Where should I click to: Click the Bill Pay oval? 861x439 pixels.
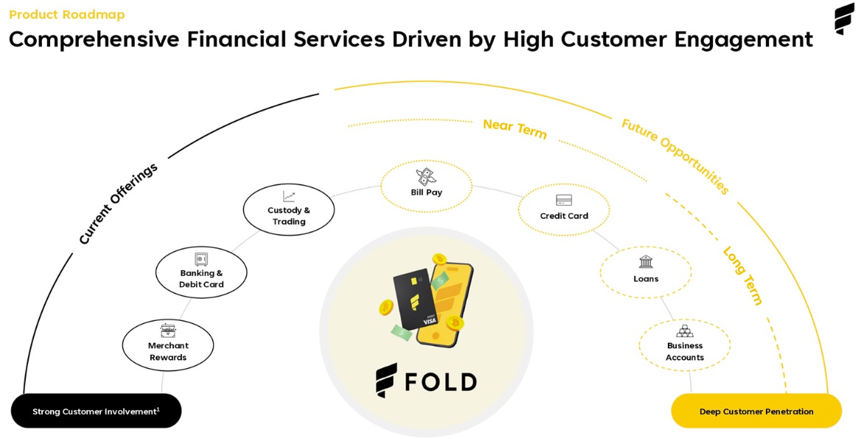click(x=426, y=186)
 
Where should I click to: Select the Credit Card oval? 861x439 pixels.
click(x=564, y=209)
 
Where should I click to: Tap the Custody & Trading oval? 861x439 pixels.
click(x=289, y=210)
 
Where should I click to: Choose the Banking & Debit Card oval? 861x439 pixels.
click(x=201, y=272)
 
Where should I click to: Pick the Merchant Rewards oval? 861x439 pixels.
click(x=168, y=345)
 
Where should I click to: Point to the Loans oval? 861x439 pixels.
click(x=646, y=272)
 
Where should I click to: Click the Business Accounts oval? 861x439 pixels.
click(x=685, y=345)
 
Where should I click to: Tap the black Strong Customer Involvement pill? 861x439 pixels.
click(x=96, y=411)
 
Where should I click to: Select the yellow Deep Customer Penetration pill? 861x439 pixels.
click(x=756, y=411)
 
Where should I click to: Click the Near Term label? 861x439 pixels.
click(x=515, y=129)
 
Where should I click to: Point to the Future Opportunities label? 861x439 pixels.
click(x=675, y=156)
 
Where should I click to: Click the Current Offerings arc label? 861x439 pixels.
click(x=118, y=203)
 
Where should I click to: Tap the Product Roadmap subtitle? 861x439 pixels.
click(x=67, y=15)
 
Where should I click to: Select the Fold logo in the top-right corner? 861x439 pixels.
click(x=844, y=18)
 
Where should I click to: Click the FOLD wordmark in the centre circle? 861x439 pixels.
click(x=426, y=381)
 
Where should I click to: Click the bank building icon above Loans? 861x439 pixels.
click(x=646, y=261)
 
